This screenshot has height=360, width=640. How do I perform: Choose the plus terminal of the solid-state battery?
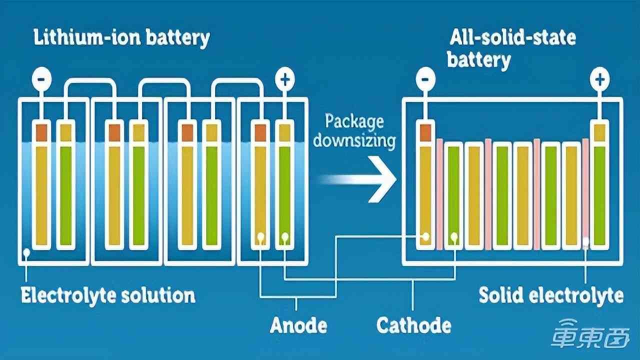[x=599, y=79]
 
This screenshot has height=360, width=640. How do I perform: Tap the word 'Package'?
[x=354, y=121]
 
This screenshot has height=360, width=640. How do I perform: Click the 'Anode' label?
[x=298, y=325]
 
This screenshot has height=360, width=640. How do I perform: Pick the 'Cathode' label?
[x=413, y=325]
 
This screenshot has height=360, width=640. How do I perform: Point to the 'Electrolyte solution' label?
[x=108, y=295]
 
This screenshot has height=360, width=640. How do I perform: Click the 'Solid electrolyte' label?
[x=551, y=295]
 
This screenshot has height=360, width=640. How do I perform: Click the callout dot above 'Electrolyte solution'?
[x=26, y=253]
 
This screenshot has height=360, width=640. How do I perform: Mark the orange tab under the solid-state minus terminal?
[x=425, y=132]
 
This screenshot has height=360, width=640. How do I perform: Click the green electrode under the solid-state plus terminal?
[x=599, y=195]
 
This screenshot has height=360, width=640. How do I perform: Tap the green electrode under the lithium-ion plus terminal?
[x=285, y=195]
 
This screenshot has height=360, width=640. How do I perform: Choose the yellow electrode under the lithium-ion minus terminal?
[x=41, y=195]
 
